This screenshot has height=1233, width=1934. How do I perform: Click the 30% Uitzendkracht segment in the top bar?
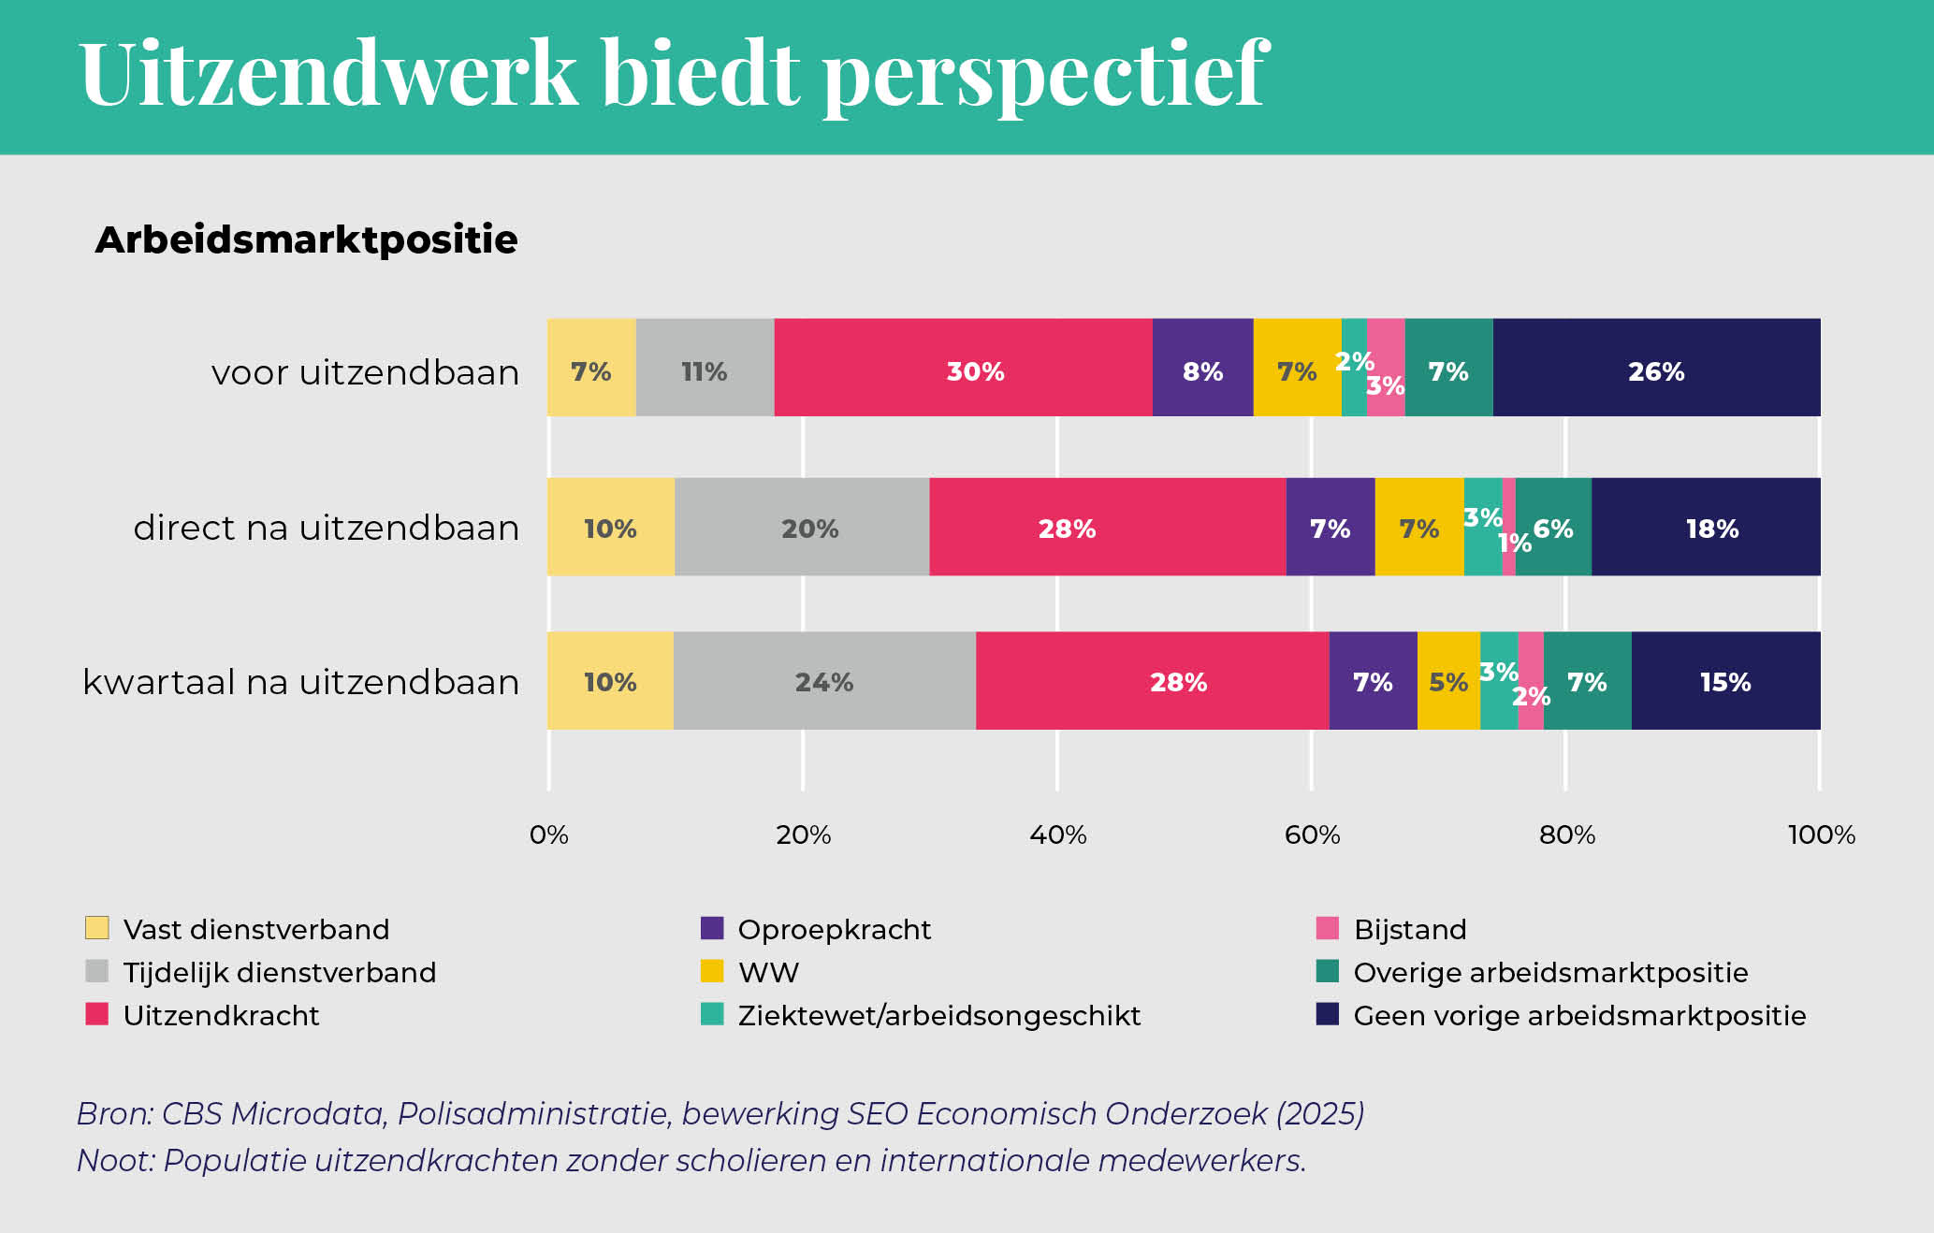tap(963, 368)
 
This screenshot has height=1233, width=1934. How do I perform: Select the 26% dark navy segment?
tap(1657, 368)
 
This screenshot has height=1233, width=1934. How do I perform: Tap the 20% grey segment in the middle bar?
tap(802, 527)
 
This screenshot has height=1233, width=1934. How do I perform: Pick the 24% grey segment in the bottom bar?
tap(824, 680)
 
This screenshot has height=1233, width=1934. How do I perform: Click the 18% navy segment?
tap(1707, 527)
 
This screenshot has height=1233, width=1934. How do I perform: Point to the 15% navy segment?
tap(1726, 680)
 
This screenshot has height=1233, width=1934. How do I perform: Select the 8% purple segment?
tap(1203, 368)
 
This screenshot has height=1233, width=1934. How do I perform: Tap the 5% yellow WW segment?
tap(1448, 680)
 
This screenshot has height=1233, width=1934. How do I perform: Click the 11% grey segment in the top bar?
tap(705, 368)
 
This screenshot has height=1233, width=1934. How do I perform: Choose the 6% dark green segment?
tap(1553, 527)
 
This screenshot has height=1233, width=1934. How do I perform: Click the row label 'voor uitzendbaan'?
tap(365, 372)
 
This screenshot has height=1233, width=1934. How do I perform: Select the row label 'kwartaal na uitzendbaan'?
tap(300, 682)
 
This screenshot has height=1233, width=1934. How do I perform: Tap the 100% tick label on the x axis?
tap(1822, 834)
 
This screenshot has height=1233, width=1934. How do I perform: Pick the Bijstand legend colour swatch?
tap(1328, 928)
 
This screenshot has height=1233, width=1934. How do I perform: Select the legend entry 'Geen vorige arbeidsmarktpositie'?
tap(1561, 1015)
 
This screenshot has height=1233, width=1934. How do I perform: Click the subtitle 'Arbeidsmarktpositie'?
tap(306, 239)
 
